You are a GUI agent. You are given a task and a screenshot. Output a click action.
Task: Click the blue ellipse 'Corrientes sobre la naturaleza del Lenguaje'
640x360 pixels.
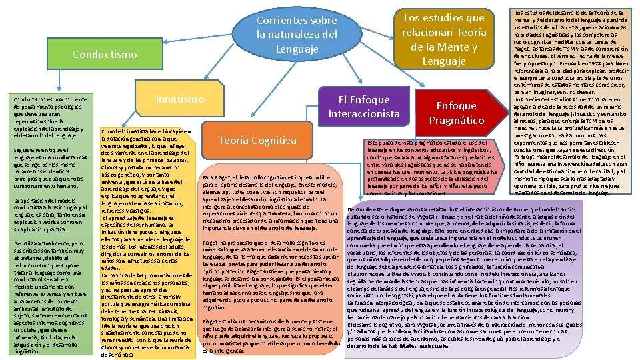[297, 35]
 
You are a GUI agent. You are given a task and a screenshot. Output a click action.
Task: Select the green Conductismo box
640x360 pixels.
[105, 54]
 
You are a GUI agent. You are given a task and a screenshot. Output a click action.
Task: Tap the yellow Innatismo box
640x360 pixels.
[180, 99]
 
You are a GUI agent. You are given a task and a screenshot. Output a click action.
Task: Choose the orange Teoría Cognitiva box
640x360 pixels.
[257, 140]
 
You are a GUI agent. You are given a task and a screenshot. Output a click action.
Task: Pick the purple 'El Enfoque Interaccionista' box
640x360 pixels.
[363, 107]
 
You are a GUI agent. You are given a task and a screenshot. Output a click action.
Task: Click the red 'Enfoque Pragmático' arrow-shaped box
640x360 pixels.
[457, 113]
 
